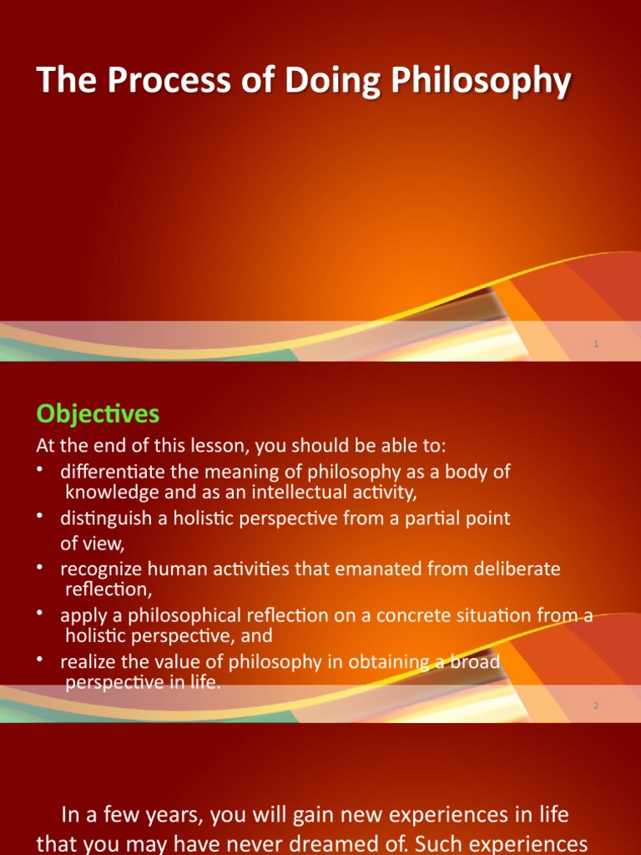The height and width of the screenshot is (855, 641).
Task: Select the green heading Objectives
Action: click(98, 413)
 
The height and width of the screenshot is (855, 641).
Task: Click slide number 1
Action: click(597, 344)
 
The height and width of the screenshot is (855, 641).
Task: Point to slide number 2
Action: click(597, 706)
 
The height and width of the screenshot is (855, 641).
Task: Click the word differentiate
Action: click(113, 471)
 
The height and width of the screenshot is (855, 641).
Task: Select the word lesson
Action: click(212, 444)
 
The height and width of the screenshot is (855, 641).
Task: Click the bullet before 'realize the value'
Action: click(40, 660)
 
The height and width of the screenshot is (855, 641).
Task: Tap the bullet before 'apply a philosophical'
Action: click(40, 614)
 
